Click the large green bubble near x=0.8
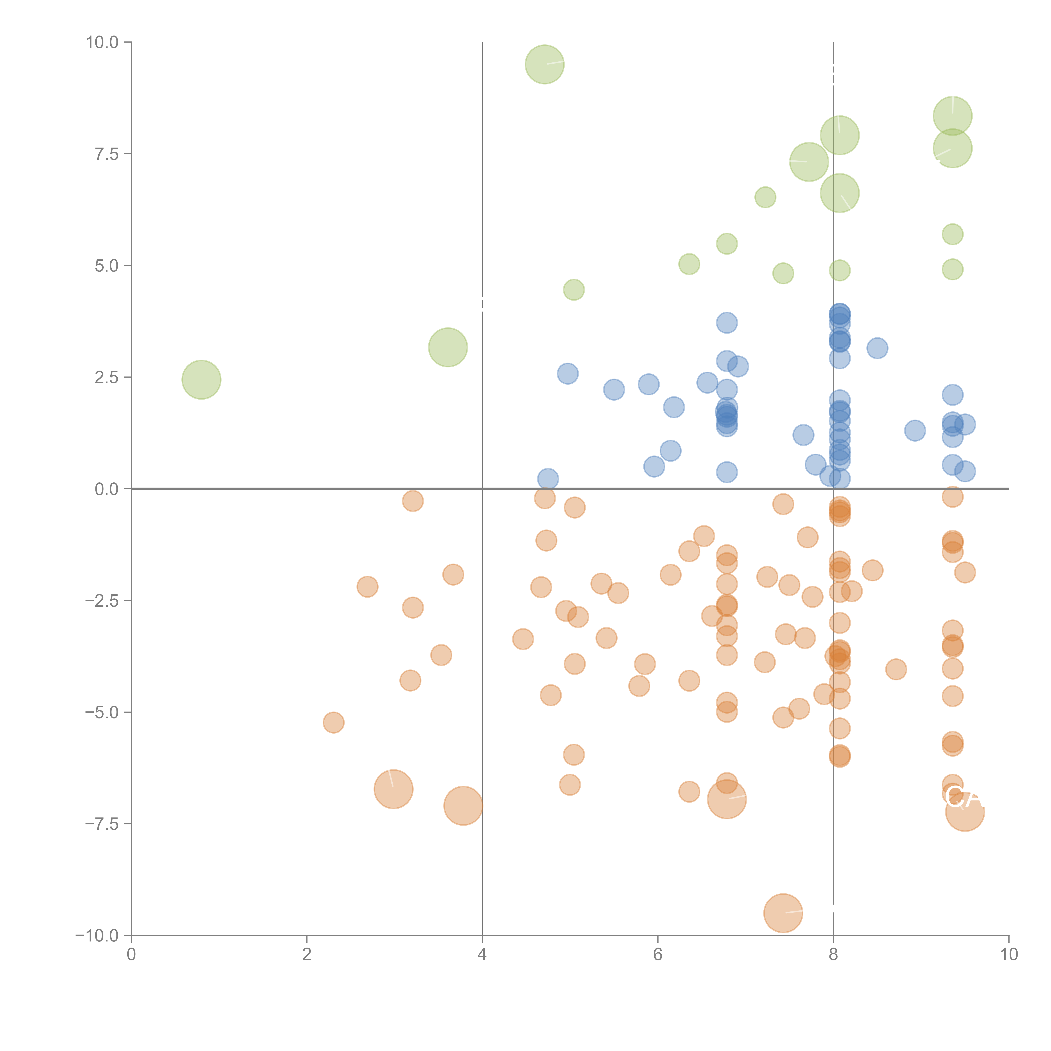[201, 380]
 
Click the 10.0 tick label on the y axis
[102, 42]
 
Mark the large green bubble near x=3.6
[448, 347]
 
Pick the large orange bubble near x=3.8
[463, 806]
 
